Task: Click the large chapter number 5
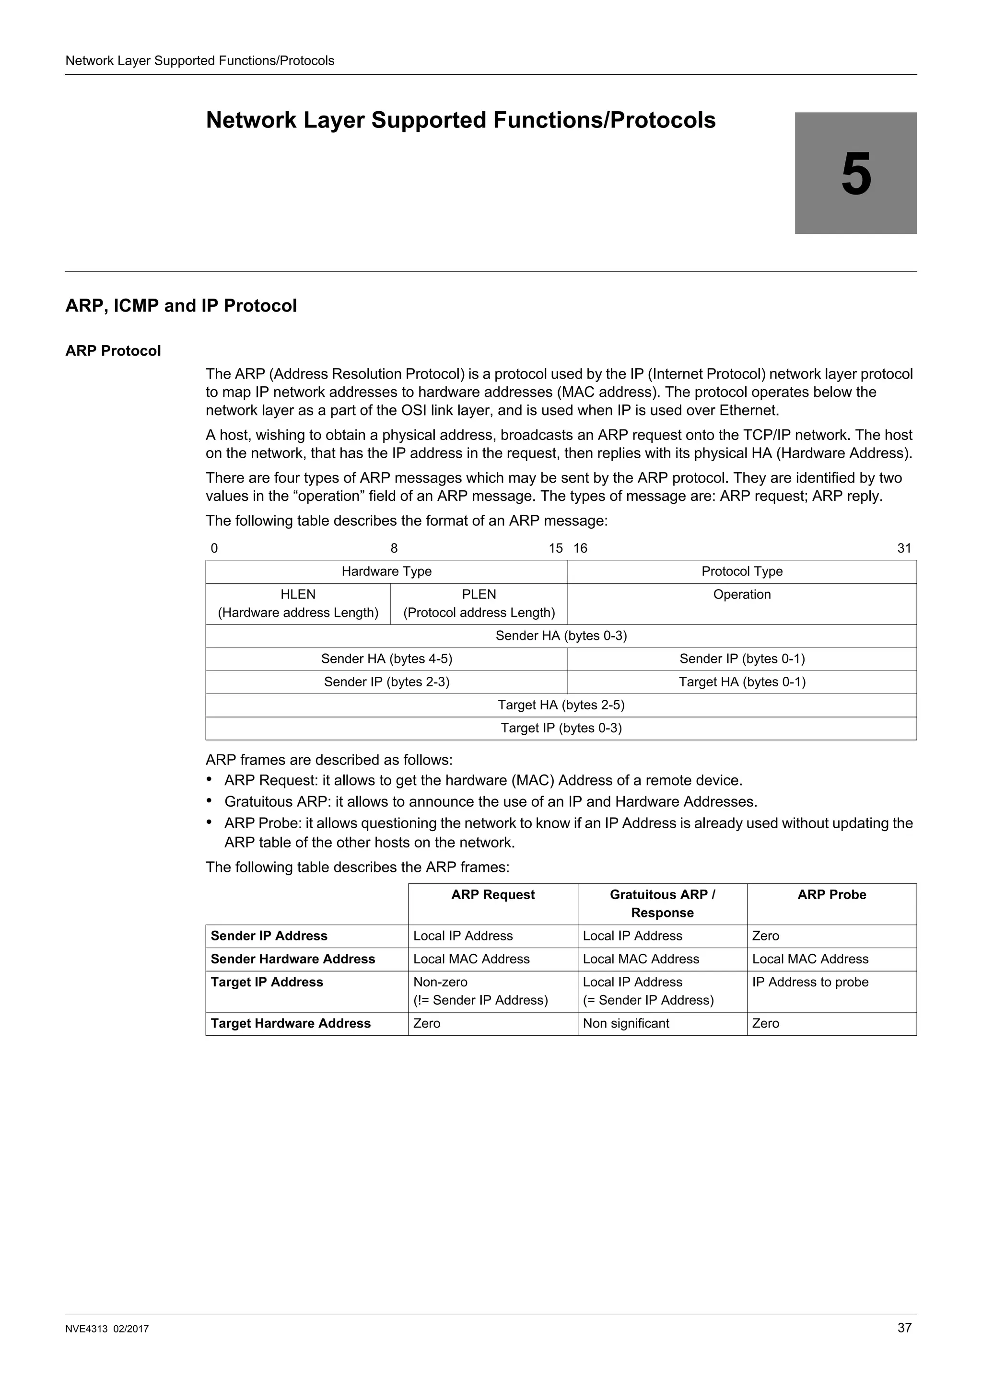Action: [x=855, y=174]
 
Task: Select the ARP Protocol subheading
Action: [x=113, y=351]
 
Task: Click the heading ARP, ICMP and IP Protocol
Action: [x=181, y=305]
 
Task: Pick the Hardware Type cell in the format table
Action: [x=386, y=571]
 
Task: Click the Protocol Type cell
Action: [x=742, y=571]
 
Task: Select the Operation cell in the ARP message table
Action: [x=742, y=594]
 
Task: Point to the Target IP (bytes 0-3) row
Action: [x=561, y=728]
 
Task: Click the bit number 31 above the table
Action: [x=904, y=548]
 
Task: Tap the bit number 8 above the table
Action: [x=394, y=548]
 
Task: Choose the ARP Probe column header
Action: [x=831, y=894]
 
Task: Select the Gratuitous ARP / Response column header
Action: [x=662, y=903]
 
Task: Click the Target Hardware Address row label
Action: [x=291, y=1023]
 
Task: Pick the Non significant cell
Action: [x=626, y=1023]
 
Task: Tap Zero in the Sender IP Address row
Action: [x=765, y=936]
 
